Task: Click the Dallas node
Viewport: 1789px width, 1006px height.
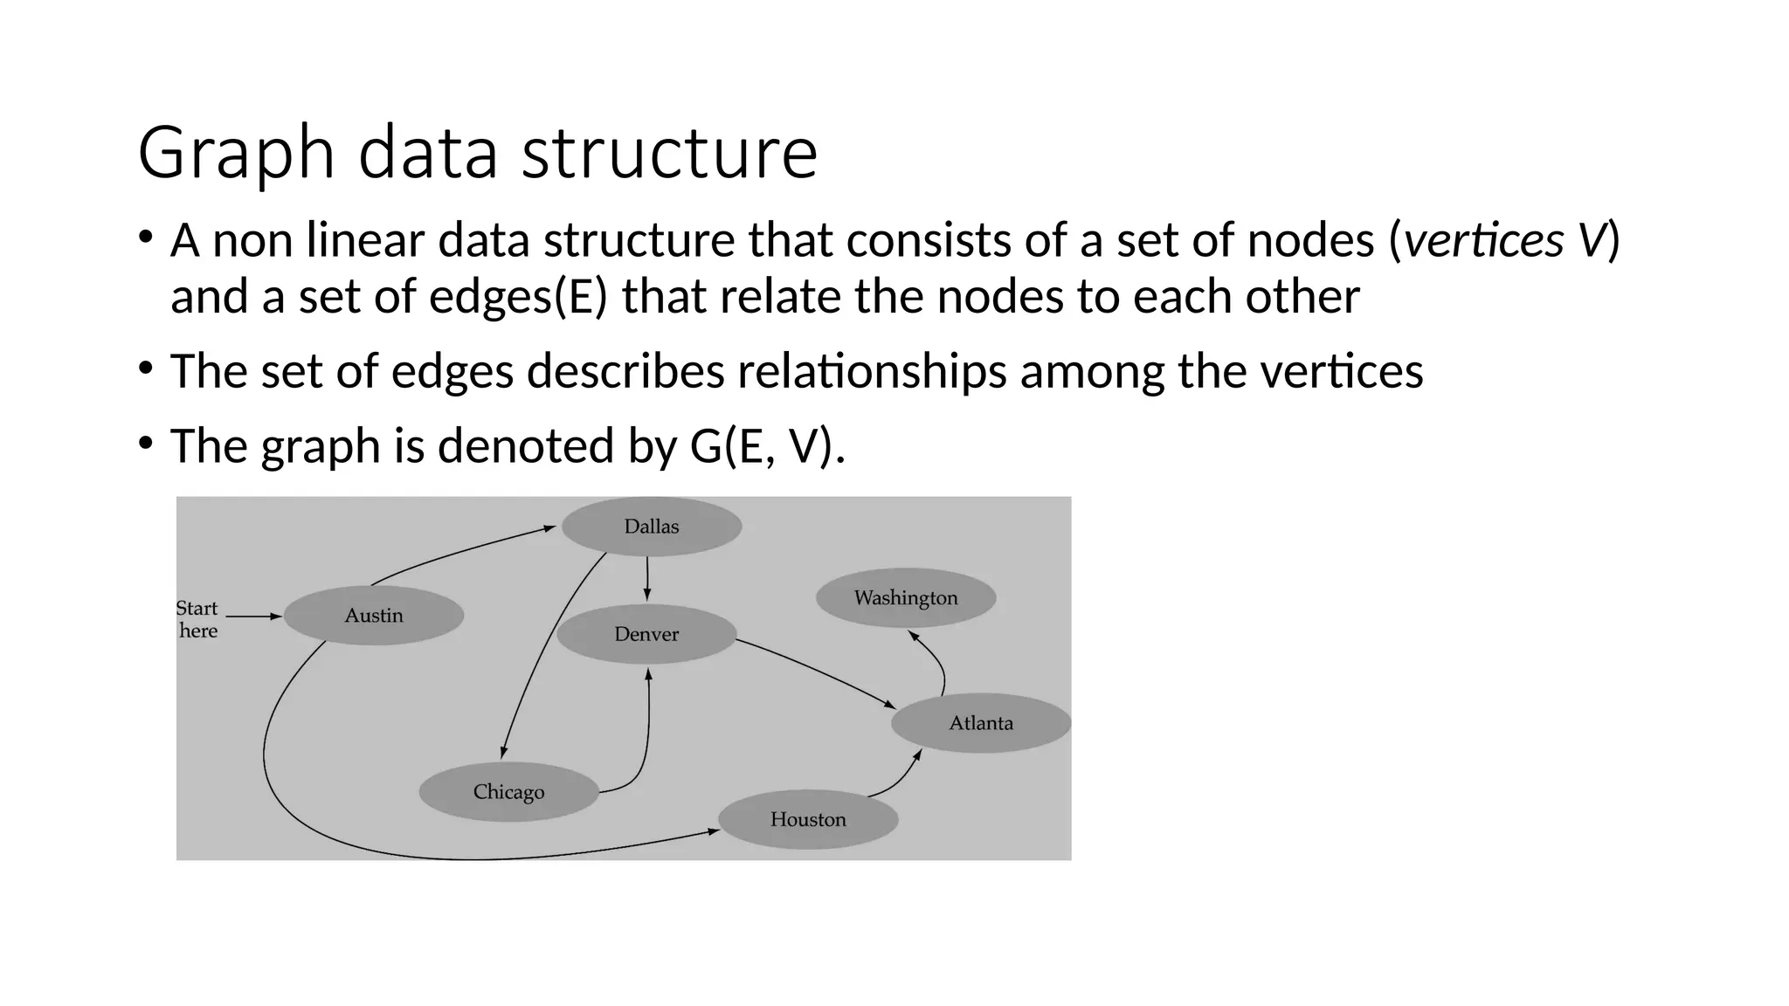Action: click(x=652, y=527)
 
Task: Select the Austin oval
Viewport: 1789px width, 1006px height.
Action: click(x=374, y=616)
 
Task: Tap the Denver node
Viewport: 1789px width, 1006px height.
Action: click(x=646, y=634)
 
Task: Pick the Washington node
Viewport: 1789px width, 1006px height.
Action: click(x=906, y=598)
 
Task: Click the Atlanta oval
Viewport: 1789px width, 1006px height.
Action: click(x=981, y=723)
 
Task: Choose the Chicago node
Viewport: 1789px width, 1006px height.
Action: click(x=508, y=792)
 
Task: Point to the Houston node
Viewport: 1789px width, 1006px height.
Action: click(x=808, y=819)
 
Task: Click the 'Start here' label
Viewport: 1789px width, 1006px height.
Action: click(x=197, y=619)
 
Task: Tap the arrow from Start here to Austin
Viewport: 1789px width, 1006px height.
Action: click(x=253, y=617)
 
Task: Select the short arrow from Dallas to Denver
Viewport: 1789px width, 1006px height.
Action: click(x=647, y=578)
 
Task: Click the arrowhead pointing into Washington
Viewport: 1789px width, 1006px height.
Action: click(x=914, y=636)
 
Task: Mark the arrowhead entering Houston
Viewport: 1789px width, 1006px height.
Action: click(x=713, y=831)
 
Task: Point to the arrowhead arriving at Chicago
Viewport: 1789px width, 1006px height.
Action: click(x=503, y=753)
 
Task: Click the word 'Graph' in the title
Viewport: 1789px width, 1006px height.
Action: click(x=236, y=154)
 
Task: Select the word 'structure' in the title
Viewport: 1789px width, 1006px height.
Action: click(x=669, y=154)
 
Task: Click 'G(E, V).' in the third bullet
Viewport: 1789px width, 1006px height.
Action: click(x=767, y=446)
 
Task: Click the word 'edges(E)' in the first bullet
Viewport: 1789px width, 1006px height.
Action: click(x=518, y=297)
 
